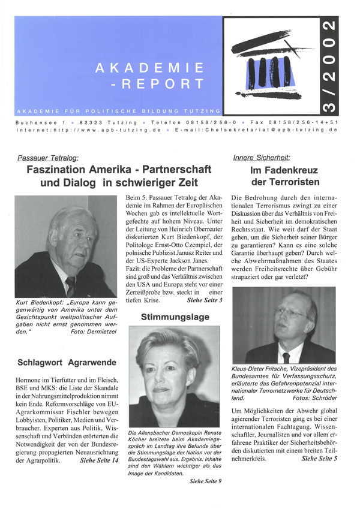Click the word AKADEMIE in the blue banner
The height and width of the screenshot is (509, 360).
pyautogui.click(x=149, y=68)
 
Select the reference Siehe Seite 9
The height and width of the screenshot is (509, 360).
pyautogui.click(x=206, y=480)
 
